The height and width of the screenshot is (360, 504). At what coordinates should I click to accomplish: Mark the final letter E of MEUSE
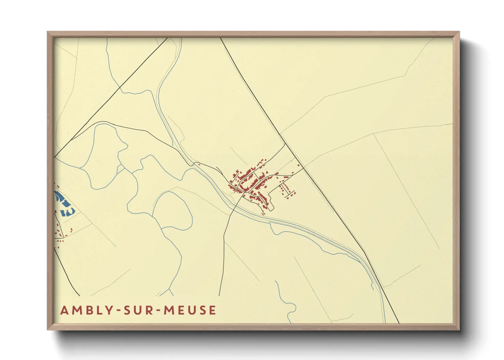click(213, 310)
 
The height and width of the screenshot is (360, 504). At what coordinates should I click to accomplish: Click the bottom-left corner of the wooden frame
click(48, 329)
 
